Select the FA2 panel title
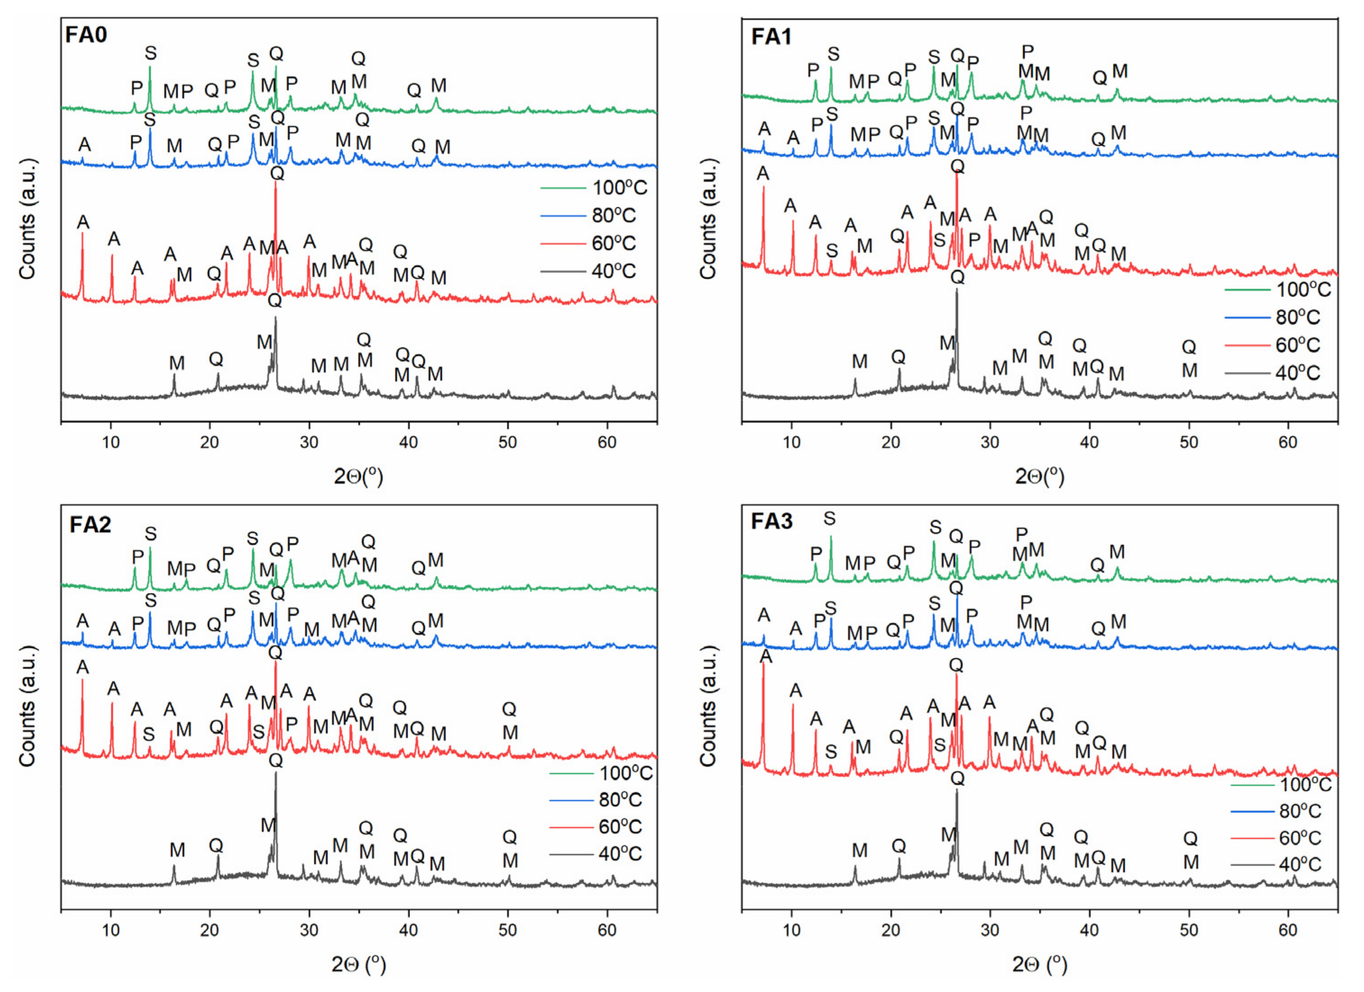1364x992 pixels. pos(90,524)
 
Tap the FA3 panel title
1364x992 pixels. pos(772,521)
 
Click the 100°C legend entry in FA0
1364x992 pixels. pos(619,188)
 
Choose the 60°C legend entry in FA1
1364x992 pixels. pos(1297,344)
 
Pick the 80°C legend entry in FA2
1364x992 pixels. pos(619,799)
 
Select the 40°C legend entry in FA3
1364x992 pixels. pos(1299,864)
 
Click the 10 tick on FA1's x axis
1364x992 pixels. pos(792,442)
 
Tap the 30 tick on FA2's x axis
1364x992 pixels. pos(309,930)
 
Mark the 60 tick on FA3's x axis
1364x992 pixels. pos(1288,930)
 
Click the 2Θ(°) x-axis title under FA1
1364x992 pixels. pos(1039,476)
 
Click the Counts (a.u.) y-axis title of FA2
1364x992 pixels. pos(28,707)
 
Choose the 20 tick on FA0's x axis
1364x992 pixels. pos(210,442)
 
